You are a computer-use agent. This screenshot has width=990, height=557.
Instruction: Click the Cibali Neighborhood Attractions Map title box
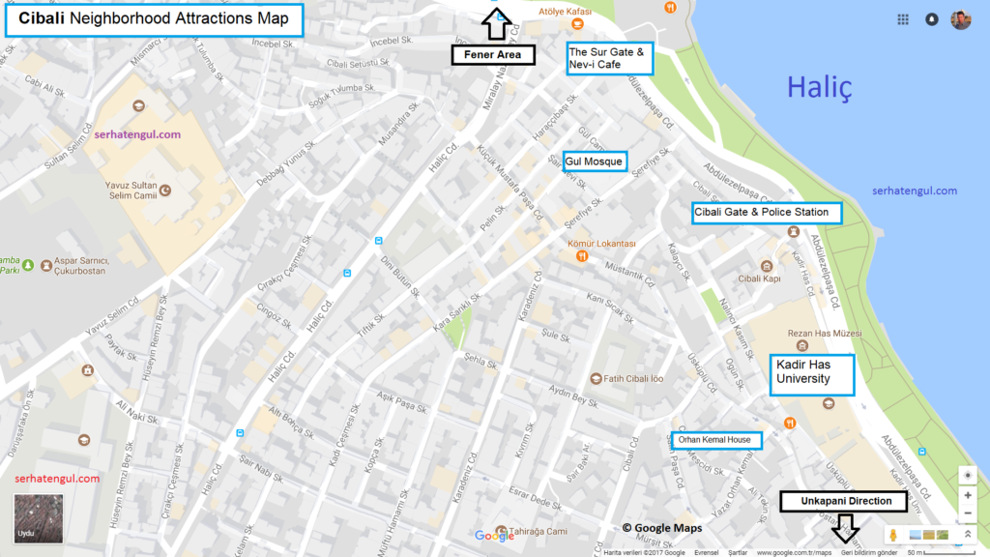(154, 19)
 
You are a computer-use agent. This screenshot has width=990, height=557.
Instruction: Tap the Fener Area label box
(493, 55)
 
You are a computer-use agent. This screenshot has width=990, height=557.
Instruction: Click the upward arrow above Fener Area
(495, 26)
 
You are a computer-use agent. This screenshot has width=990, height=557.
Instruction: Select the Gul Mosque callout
(595, 161)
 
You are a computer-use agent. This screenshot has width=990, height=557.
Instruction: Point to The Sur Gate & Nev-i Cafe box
(609, 58)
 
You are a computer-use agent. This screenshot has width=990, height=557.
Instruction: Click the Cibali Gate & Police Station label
(766, 212)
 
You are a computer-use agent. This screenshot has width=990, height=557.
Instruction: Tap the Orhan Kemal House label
(715, 440)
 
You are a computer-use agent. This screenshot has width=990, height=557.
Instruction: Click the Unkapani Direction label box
(844, 501)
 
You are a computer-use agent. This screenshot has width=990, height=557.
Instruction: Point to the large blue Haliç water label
(819, 88)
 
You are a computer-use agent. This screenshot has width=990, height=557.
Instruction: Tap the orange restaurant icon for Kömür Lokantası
(582, 256)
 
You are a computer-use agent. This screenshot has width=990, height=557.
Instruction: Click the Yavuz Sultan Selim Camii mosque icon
(164, 190)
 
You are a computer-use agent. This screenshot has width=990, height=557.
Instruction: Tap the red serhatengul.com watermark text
(57, 479)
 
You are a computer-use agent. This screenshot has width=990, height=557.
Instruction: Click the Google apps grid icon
(903, 19)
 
